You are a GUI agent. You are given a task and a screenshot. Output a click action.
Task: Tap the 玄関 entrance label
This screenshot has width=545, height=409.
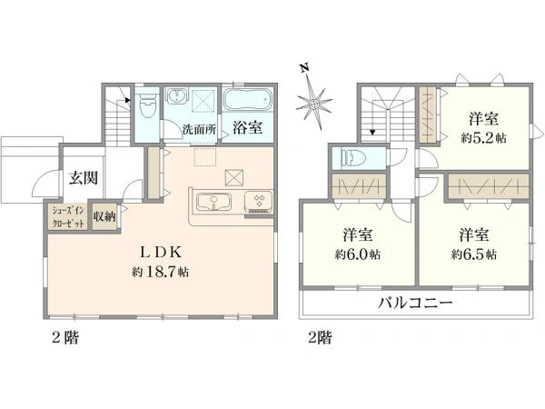click(84, 178)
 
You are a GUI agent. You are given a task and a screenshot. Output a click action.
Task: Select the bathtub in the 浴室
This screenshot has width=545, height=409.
click(246, 100)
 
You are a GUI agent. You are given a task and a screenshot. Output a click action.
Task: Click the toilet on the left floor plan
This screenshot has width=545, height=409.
click(146, 108)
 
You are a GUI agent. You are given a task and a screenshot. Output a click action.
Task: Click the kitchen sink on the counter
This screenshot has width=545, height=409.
click(213, 202)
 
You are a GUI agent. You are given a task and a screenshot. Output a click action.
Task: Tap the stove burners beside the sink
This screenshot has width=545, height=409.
click(259, 201)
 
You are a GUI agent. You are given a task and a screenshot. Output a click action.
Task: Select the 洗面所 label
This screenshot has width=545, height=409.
click(200, 130)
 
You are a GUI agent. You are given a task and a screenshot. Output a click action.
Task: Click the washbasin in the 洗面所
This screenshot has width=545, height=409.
click(177, 95)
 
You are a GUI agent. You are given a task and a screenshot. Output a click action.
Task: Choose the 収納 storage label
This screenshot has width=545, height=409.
click(104, 217)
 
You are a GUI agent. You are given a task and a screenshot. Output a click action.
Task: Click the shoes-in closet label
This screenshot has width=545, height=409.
click(68, 217)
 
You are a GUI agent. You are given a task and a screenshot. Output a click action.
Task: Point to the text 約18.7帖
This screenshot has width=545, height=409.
click(160, 271)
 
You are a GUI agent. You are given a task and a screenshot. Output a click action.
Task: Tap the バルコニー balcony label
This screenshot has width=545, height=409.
click(415, 303)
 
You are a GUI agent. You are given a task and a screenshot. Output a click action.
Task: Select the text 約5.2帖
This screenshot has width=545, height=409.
click(483, 138)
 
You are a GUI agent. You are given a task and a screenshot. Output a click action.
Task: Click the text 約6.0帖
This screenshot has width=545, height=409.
click(357, 254)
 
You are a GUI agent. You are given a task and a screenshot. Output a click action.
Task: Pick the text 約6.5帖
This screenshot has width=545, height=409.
click(473, 254)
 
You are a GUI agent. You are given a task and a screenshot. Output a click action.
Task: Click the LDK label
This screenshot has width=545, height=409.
click(160, 253)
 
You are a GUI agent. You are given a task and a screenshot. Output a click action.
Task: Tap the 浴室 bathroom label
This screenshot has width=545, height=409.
click(247, 128)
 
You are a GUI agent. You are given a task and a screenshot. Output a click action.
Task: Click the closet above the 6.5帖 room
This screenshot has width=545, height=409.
click(488, 186)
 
